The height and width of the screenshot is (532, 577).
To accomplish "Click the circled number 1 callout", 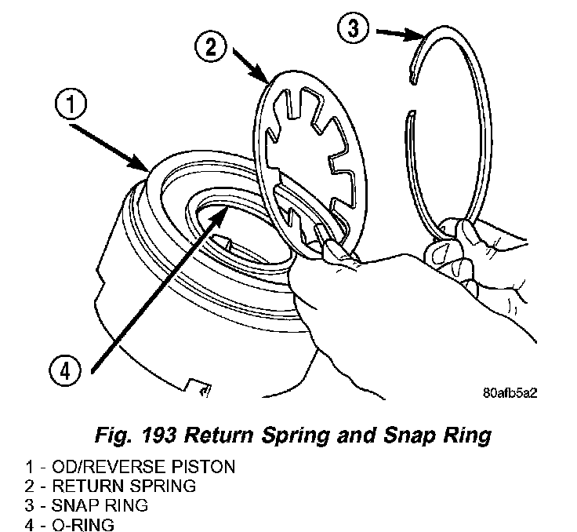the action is click(x=71, y=104).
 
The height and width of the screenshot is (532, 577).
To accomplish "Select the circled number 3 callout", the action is click(x=354, y=27).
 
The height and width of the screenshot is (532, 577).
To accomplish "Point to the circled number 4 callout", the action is click(x=65, y=370).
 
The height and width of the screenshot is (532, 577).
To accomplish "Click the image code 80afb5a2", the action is click(x=510, y=393).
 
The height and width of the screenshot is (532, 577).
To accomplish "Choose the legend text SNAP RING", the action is click(x=100, y=505).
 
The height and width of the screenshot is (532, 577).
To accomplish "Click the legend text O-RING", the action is click(x=83, y=525).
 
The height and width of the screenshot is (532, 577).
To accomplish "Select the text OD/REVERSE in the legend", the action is click(x=108, y=467).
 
